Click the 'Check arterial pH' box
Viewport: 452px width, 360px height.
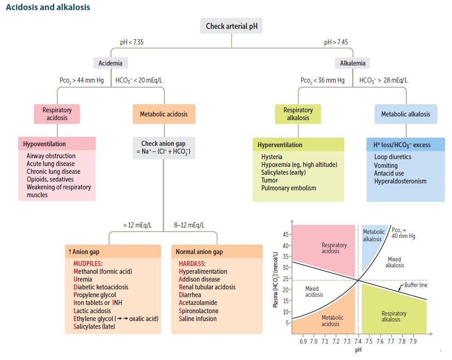click(x=231, y=26)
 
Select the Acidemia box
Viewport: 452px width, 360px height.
click(x=110, y=63)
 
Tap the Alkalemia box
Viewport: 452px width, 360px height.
click(x=353, y=63)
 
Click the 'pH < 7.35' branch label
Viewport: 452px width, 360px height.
click(x=132, y=42)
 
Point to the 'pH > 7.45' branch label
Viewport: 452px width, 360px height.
click(x=336, y=42)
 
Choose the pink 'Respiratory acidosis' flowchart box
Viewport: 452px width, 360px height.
click(x=57, y=114)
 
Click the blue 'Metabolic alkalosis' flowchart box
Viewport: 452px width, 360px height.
click(x=406, y=114)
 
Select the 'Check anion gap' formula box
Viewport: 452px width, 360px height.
click(x=164, y=148)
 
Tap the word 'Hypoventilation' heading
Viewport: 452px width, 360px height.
click(x=44, y=144)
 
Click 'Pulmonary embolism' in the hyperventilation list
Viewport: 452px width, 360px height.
click(x=288, y=188)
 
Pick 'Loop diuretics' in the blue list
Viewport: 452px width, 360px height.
click(x=392, y=157)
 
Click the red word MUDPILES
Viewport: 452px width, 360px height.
click(x=87, y=264)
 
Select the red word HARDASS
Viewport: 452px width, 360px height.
click(x=192, y=264)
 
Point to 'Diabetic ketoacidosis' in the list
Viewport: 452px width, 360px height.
click(x=100, y=287)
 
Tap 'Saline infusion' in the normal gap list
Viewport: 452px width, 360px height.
click(x=198, y=319)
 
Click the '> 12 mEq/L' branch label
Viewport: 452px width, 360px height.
click(x=137, y=225)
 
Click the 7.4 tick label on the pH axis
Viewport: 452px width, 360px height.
click(x=358, y=341)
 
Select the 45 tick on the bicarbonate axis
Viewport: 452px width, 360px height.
click(x=286, y=234)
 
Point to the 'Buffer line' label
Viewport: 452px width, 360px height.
click(x=416, y=285)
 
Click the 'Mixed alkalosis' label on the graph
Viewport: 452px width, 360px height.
click(x=394, y=262)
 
